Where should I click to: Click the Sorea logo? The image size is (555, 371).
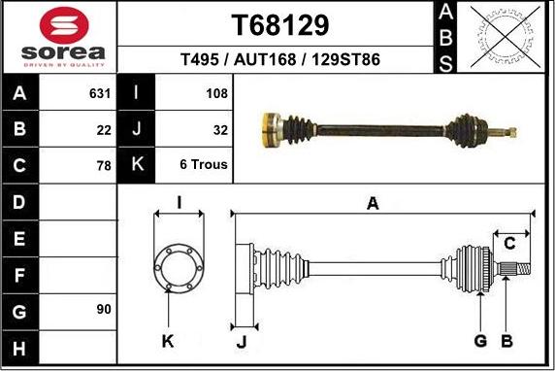click(x=59, y=38)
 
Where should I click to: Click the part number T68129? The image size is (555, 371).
click(x=280, y=24)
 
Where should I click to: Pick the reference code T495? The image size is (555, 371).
click(x=202, y=60)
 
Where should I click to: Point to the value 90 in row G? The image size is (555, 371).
click(x=104, y=310)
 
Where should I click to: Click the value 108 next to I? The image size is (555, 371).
click(x=216, y=94)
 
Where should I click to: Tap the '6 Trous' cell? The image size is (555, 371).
click(x=204, y=165)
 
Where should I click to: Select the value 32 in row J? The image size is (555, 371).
click(x=219, y=130)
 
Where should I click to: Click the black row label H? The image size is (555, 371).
click(x=20, y=346)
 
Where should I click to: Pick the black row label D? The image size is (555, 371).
click(x=20, y=203)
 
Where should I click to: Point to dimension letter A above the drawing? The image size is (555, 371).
click(x=372, y=203)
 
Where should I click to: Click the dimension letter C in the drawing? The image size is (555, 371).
click(x=508, y=244)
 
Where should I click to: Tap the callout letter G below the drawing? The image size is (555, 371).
click(x=479, y=340)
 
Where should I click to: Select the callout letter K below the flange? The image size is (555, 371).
click(x=168, y=340)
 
